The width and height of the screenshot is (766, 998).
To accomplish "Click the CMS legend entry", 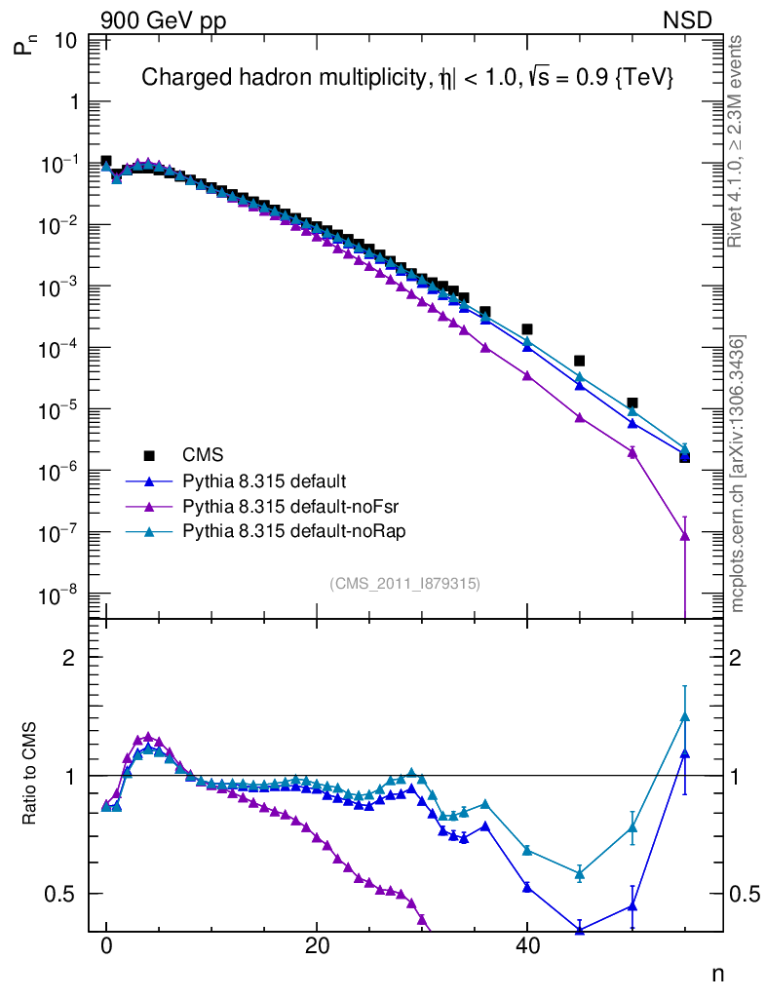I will coord(202,454).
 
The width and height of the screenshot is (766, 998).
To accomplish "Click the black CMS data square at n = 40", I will coord(527,329).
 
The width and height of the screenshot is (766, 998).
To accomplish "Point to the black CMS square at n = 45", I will coord(579,361).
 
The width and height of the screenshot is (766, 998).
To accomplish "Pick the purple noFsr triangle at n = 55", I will coord(684,535).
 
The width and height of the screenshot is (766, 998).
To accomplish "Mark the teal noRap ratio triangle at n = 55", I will coord(684,717).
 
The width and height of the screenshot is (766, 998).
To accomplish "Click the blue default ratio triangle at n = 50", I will coord(632,906).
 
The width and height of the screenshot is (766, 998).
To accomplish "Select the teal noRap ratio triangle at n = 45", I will coord(580,874).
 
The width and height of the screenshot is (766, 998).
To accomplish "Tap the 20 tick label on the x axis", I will coord(316,945).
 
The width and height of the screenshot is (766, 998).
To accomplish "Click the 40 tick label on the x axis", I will coord(526,945).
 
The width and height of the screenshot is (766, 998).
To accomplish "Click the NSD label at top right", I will coord(688,19).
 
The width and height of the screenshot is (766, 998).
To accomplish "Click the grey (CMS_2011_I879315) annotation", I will coord(405,583).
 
